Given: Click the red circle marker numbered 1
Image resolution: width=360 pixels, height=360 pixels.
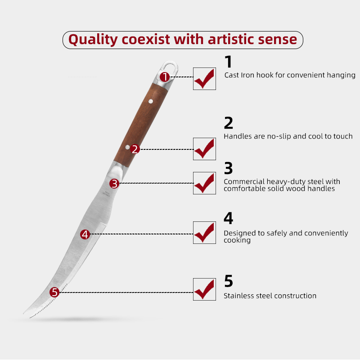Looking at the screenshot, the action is pyautogui.click(x=165, y=77).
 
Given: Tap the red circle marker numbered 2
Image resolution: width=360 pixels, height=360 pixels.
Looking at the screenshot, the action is pyautogui.click(x=135, y=149).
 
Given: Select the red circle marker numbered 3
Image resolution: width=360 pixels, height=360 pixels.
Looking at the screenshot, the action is pyautogui.click(x=114, y=184).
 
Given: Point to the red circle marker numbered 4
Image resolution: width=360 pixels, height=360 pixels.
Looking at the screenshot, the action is pyautogui.click(x=85, y=234).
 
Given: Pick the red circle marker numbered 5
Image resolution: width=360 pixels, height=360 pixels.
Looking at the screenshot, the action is pyautogui.click(x=54, y=292).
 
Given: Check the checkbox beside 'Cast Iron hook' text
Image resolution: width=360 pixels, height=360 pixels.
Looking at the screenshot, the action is pyautogui.click(x=204, y=79).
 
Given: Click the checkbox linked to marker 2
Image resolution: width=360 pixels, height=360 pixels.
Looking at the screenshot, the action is pyautogui.click(x=204, y=149).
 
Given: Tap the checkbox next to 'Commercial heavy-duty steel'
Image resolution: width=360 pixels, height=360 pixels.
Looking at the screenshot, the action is pyautogui.click(x=204, y=183).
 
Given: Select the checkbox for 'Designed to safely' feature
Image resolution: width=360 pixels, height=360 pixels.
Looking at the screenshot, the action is pyautogui.click(x=204, y=233).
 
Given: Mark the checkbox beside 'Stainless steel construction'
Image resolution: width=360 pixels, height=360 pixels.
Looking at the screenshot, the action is pyautogui.click(x=204, y=289).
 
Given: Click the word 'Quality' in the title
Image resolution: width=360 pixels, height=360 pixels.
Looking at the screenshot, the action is pyautogui.click(x=93, y=40).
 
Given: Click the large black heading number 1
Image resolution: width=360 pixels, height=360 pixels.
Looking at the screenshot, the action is pyautogui.click(x=229, y=62).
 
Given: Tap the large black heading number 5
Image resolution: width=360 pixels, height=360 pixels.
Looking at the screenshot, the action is pyautogui.click(x=229, y=281).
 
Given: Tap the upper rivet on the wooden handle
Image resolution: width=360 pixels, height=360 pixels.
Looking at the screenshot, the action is pyautogui.click(x=151, y=101).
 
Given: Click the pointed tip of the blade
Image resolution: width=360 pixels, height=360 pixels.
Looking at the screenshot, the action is pyautogui.click(x=24, y=313).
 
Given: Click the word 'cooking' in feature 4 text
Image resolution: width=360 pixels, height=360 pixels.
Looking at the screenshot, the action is pyautogui.click(x=237, y=240).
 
